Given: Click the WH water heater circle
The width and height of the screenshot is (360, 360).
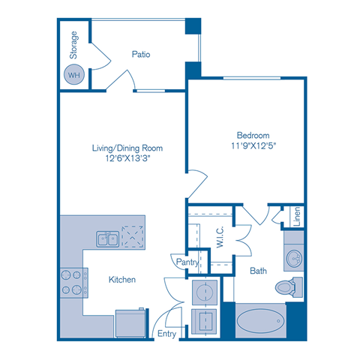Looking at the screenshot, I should [74, 75].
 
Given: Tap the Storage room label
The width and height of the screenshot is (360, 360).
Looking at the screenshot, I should [73, 46].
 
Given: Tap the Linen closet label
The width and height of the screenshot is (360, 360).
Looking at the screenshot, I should [297, 215].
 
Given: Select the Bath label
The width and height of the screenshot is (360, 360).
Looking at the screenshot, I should [259, 270].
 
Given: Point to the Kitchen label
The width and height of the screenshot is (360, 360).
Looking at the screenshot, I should [121, 280].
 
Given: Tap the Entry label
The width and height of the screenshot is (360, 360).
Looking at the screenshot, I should [166, 333].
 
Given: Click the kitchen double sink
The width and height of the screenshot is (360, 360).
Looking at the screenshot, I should [106, 239].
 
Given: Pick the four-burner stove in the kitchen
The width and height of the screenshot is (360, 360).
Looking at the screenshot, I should [71, 283].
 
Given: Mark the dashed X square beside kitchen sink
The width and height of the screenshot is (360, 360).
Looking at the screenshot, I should [133, 237].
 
